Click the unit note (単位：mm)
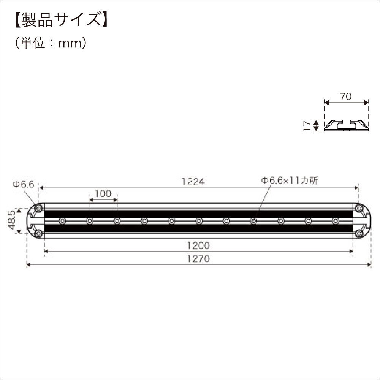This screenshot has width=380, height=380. (x=51, y=43)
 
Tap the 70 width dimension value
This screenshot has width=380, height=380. (x=345, y=97)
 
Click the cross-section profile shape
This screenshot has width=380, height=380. (x=346, y=125)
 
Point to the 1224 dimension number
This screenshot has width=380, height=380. (x=193, y=182)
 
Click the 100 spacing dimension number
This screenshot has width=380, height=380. (x=103, y=194)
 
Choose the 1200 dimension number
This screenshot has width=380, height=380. (x=198, y=245)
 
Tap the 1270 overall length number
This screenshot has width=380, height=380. (x=198, y=259)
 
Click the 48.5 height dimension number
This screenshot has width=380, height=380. (x=11, y=221)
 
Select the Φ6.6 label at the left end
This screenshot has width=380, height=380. (x=23, y=184)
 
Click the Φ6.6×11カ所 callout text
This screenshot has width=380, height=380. (x=289, y=181)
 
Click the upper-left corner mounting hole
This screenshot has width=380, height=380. (x=38, y=208)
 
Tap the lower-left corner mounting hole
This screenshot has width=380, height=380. (x=38, y=233)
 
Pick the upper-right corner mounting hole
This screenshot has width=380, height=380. (x=359, y=208)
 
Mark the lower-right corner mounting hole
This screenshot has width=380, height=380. (x=359, y=233)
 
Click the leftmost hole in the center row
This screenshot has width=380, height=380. (x=62, y=221)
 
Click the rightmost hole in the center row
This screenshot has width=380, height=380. (x=335, y=221)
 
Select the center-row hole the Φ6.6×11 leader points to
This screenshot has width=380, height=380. (x=253, y=221)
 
